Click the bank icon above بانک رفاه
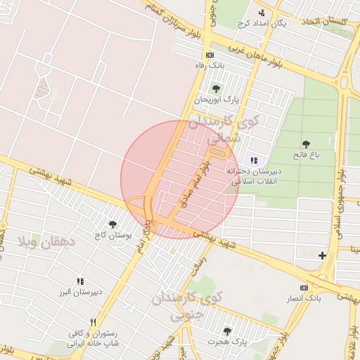point(209,55)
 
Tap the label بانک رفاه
point(209,65)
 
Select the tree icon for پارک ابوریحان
point(216,89)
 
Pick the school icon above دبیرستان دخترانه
point(254,160)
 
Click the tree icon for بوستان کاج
point(112,224)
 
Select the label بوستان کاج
point(112,234)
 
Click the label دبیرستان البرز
point(81,291)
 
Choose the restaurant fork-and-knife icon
point(92,322)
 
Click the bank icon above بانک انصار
point(304,288)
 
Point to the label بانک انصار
point(304,299)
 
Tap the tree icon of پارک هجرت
point(226,330)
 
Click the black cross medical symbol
point(323,255)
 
